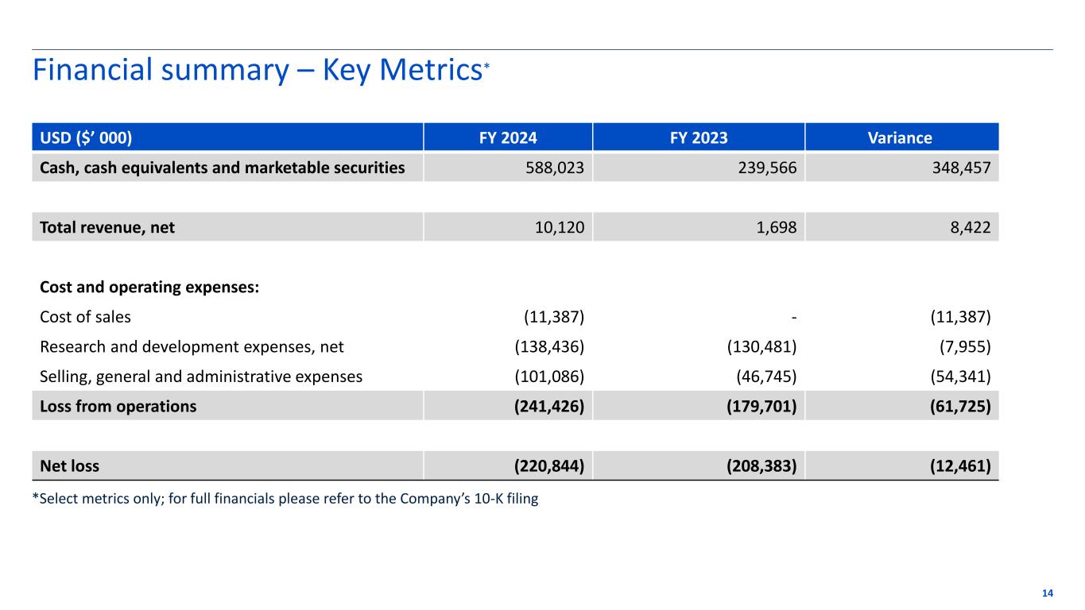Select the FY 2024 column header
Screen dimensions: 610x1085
[x=507, y=137]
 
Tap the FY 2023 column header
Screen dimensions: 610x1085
[x=698, y=137]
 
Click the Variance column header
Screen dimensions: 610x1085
[x=901, y=137]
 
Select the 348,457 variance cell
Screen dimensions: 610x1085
[x=959, y=168]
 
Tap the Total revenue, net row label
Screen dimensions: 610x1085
[x=107, y=227]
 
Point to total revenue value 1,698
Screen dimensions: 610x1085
[x=777, y=227]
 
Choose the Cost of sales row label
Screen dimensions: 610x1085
[x=85, y=317]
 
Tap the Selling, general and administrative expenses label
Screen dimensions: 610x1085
[x=201, y=376]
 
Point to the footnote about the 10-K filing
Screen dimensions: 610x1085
[x=285, y=500]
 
